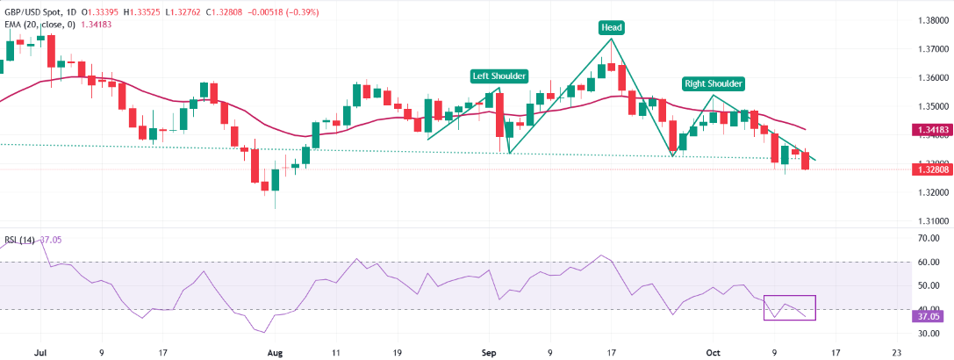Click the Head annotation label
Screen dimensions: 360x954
[612, 27]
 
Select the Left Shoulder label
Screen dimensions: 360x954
[499, 76]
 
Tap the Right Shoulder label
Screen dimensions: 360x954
[714, 83]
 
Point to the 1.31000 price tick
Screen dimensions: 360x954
[929, 221]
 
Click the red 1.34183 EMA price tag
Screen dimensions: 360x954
[929, 130]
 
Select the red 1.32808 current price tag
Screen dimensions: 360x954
[929, 168]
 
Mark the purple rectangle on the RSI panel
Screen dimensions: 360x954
[790, 307]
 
